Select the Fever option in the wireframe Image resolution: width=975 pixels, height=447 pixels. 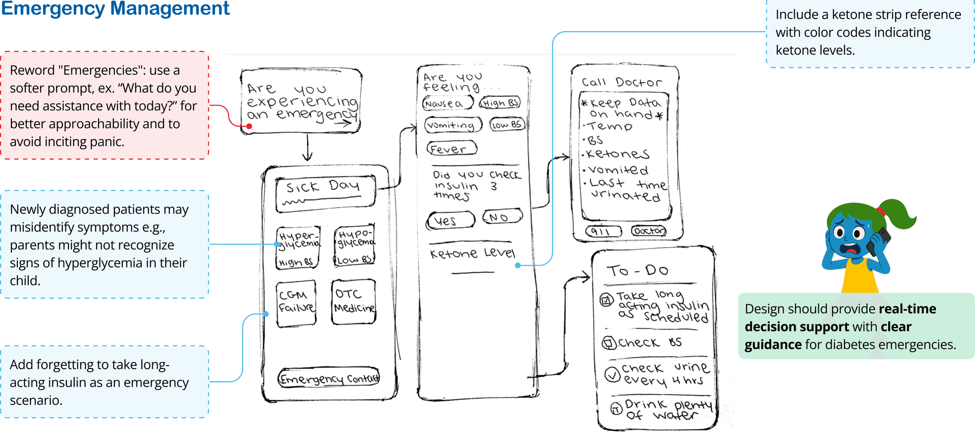point(452,149)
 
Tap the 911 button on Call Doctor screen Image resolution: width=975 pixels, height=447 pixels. point(603,231)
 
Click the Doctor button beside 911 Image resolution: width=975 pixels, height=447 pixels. point(649,231)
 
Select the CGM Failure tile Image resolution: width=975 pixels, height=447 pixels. point(296,303)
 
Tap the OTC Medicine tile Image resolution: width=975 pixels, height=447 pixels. point(353,302)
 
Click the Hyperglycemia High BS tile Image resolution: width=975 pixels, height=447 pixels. point(298,248)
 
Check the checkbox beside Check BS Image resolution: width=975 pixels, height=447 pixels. point(609,343)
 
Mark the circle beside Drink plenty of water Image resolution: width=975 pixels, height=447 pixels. point(616,408)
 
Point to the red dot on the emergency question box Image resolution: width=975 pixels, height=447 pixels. point(249,126)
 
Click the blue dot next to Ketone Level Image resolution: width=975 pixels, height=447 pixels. point(517,266)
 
